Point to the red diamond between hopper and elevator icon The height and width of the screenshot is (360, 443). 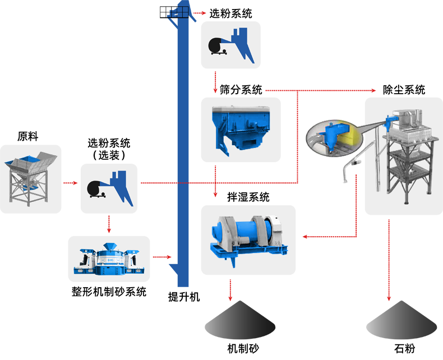[71, 182]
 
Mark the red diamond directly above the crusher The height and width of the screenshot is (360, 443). [109, 224]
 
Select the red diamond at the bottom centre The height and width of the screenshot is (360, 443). [227, 290]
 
